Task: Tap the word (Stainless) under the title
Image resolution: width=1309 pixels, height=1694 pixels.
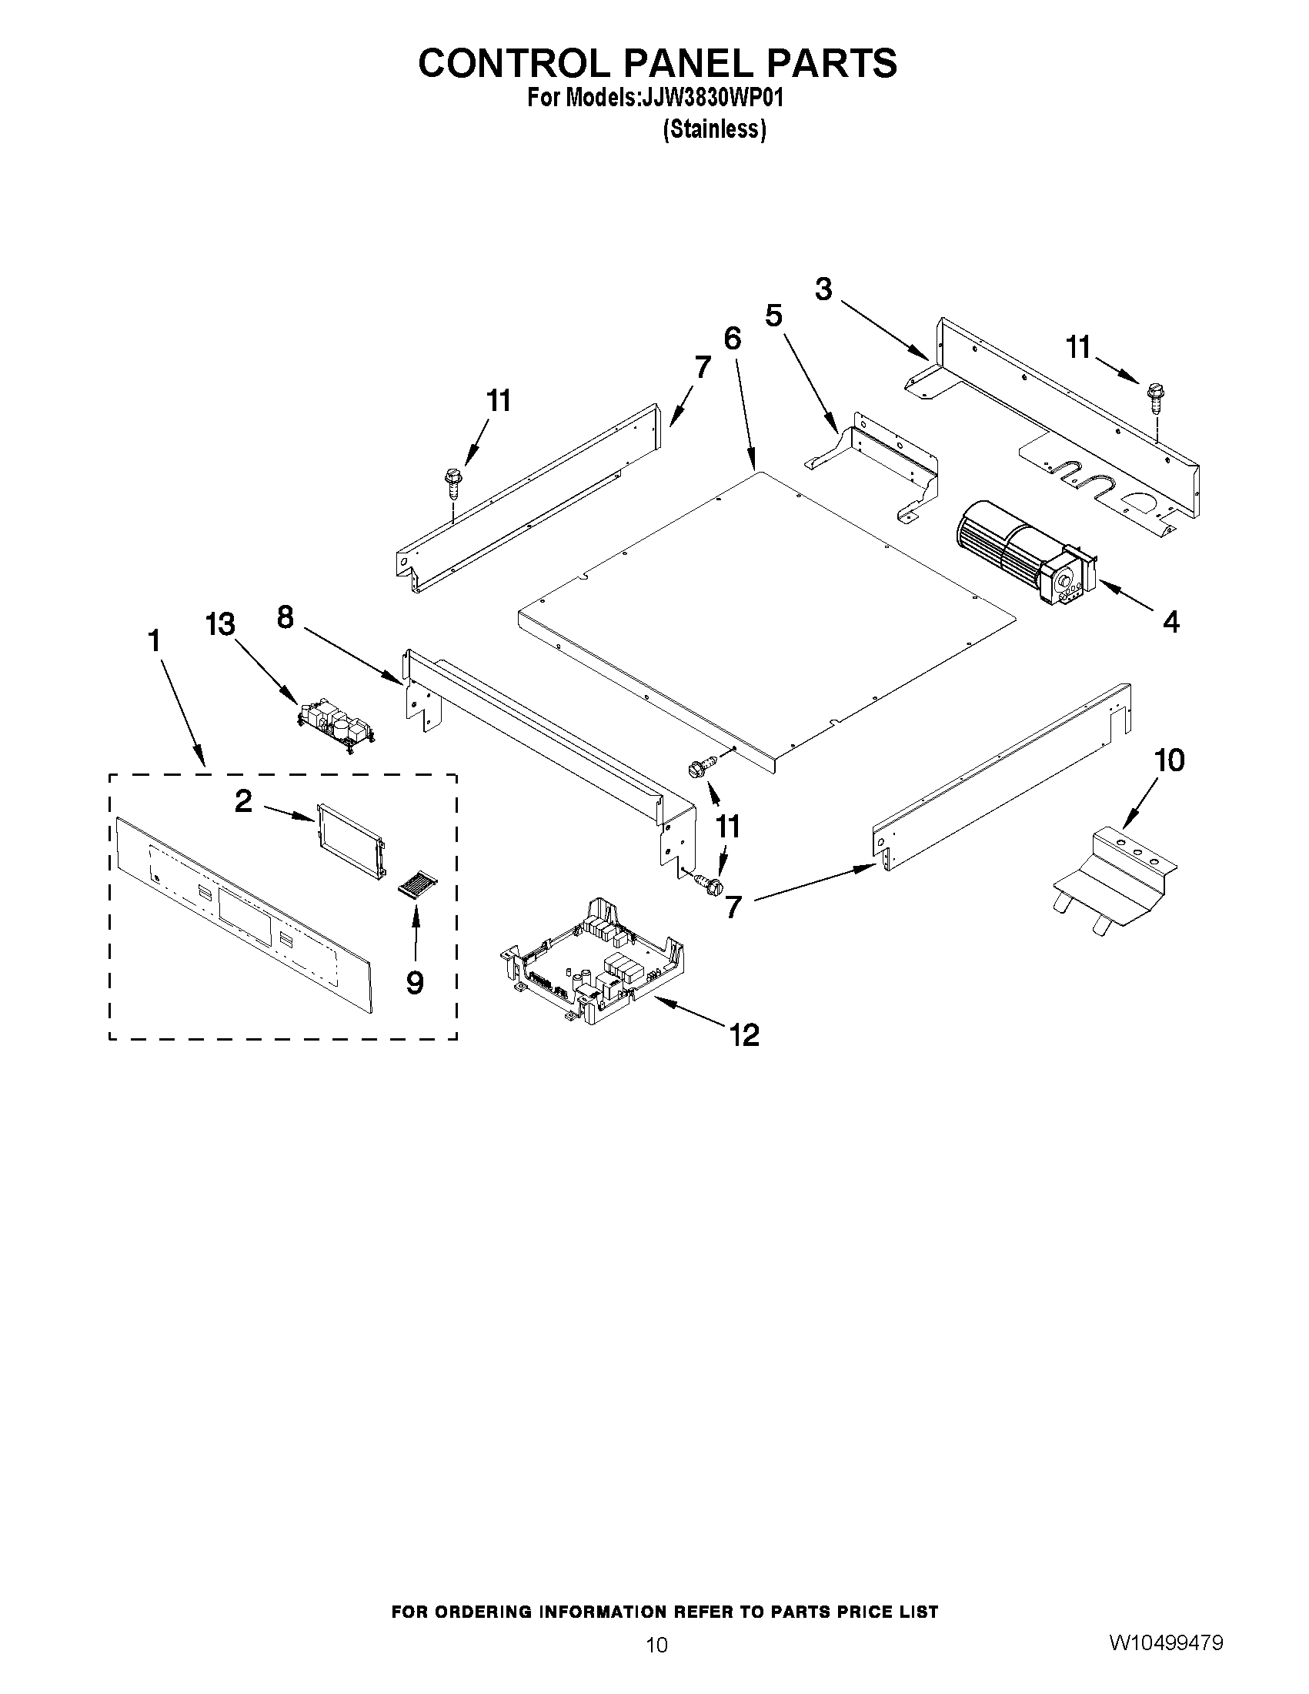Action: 714,129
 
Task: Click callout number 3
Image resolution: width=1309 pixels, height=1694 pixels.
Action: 823,289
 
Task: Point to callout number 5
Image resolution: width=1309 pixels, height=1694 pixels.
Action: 773,316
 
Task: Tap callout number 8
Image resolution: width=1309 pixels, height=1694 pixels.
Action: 286,617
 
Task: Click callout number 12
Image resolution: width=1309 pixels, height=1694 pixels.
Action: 744,1034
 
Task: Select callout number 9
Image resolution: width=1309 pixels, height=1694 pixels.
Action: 415,983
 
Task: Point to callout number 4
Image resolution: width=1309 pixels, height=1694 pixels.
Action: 1171,621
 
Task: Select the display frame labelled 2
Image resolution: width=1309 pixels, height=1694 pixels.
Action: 351,842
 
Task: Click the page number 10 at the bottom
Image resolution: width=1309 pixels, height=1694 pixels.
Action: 656,1646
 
